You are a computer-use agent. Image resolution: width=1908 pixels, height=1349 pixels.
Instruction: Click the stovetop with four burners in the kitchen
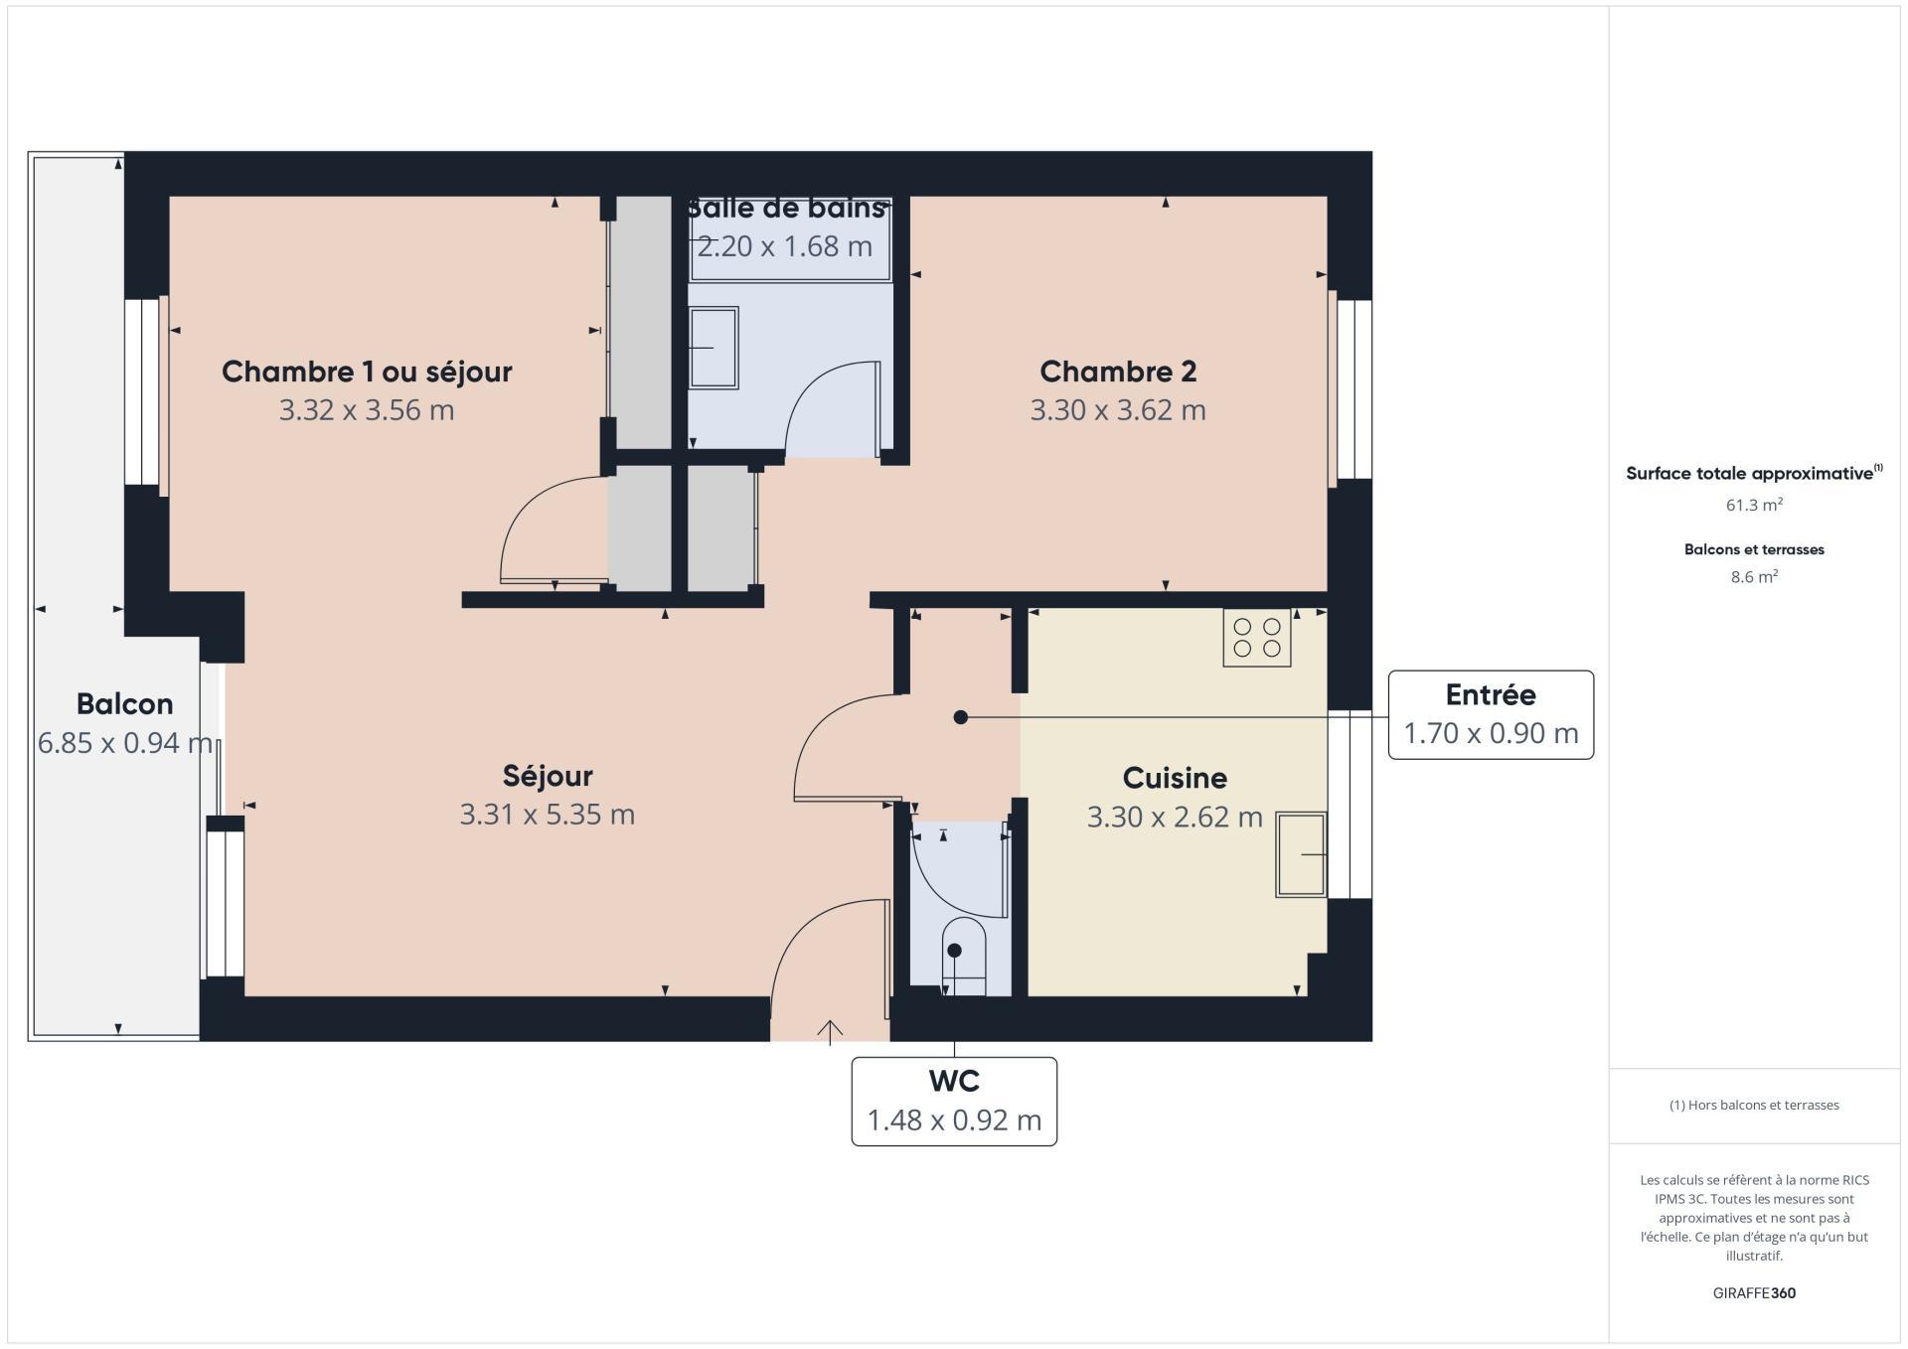[x=1256, y=637]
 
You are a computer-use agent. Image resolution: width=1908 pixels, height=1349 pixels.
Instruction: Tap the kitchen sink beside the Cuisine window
[x=1301, y=854]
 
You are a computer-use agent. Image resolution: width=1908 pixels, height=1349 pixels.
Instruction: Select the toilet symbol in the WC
[x=963, y=956]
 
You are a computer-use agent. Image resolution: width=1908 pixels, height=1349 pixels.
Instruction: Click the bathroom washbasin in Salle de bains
[x=714, y=348]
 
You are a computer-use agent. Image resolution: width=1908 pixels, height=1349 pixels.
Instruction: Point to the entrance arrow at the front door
[x=830, y=1032]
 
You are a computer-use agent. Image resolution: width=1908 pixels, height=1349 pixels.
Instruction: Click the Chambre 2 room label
[x=1118, y=372]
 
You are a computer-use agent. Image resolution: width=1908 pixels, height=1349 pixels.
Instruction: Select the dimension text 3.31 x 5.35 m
[x=548, y=815]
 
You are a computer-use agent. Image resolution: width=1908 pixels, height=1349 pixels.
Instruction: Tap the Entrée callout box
[x=1491, y=715]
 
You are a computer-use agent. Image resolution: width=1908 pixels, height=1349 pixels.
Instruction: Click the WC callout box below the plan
[x=954, y=1101]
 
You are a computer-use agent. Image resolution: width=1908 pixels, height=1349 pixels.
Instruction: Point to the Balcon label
[x=125, y=704]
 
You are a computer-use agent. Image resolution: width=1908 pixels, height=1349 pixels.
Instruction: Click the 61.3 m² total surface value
[x=1754, y=505]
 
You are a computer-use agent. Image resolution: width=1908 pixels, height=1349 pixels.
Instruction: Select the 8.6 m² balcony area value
[x=1754, y=577]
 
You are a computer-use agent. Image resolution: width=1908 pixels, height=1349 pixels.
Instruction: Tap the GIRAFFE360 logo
[x=1754, y=1293]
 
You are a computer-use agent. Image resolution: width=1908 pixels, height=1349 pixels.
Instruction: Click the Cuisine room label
[x=1175, y=778]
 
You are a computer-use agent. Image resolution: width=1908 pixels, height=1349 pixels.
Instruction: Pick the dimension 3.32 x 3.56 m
[x=367, y=410]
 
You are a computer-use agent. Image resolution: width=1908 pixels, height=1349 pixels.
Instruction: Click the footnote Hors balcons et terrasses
[x=1754, y=1105]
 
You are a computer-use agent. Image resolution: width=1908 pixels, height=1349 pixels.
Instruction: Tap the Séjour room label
[x=548, y=776]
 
